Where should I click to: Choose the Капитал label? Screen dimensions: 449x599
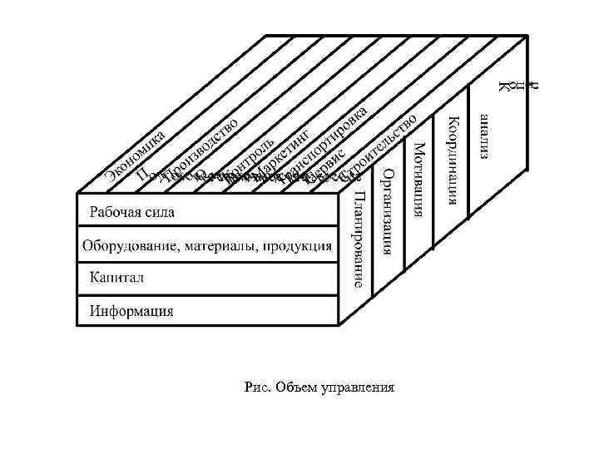pyautogui.click(x=116, y=277)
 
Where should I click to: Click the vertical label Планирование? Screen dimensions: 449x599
pyautogui.click(x=359, y=239)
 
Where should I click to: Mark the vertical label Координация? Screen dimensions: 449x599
pyautogui.click(x=451, y=158)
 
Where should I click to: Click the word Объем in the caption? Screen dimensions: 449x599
pyautogui.click(x=290, y=387)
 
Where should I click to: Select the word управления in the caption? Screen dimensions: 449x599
pyautogui.click(x=353, y=387)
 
